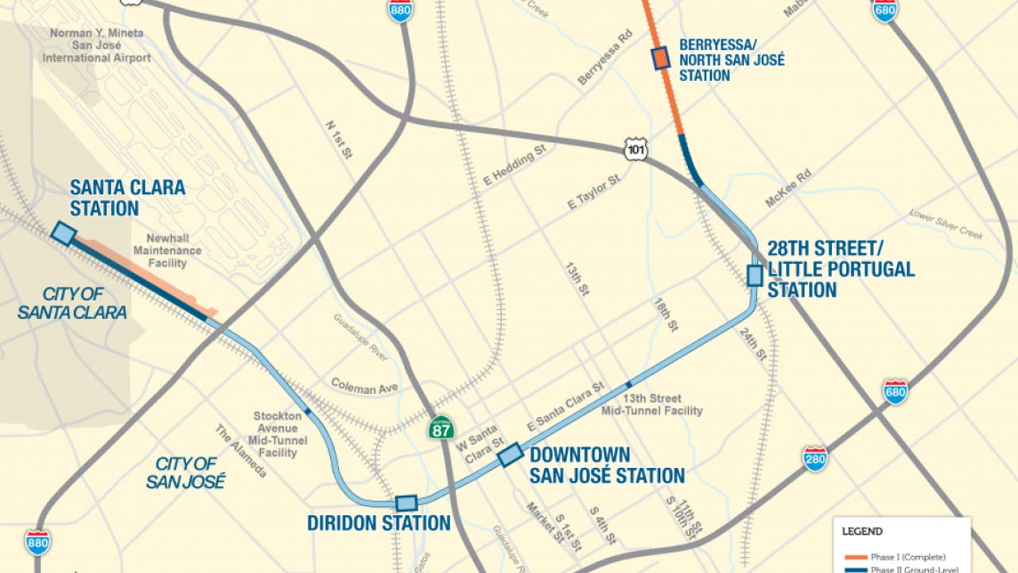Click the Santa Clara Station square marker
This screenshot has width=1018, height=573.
click(x=63, y=232)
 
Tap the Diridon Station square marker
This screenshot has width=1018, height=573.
click(x=406, y=503)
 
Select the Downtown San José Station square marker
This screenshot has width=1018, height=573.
click(x=511, y=454)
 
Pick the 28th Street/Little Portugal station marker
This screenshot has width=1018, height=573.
click(x=755, y=275)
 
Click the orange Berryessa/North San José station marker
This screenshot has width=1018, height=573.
click(x=661, y=59)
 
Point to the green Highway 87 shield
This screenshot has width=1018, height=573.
click(x=441, y=427)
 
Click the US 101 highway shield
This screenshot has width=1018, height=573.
click(x=635, y=149)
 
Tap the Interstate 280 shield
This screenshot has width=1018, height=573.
click(x=814, y=459)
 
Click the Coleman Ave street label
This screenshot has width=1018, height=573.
click(x=364, y=388)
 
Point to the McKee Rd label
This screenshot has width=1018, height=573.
click(x=788, y=188)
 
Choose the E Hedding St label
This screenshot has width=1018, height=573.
click(x=514, y=165)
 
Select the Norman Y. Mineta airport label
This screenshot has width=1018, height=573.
click(x=97, y=45)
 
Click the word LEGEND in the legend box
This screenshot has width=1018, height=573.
click(x=862, y=532)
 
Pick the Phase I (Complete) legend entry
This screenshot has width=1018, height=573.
click(x=907, y=557)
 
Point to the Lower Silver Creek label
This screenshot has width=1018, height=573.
click(x=946, y=224)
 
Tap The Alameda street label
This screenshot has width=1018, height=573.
click(x=240, y=450)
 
